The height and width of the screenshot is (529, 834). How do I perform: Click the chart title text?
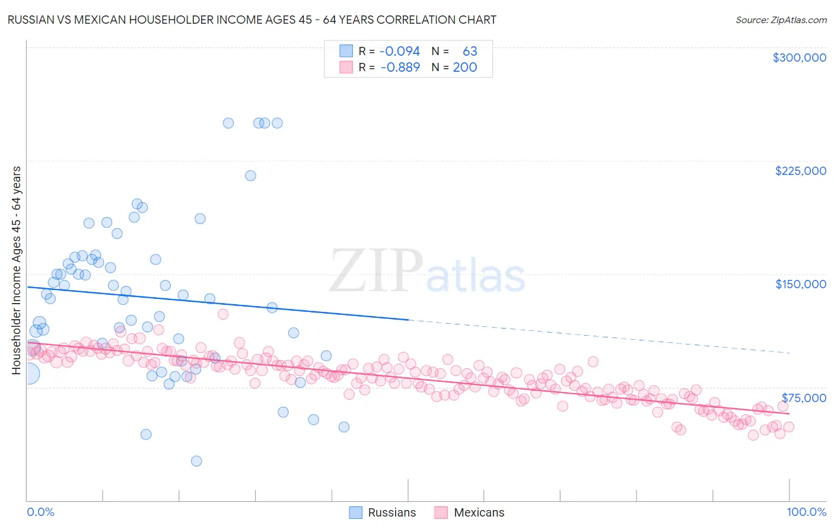(252, 20)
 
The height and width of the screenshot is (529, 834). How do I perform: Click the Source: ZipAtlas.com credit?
(781, 20)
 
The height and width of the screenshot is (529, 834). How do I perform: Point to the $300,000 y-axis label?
(799, 58)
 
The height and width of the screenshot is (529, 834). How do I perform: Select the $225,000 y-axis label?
(800, 171)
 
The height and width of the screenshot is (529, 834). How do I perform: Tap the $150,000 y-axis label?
(800, 284)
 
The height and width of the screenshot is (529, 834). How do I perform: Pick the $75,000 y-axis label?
(803, 398)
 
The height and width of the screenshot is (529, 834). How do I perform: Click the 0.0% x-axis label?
(40, 512)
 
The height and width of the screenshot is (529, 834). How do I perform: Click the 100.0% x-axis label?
(806, 512)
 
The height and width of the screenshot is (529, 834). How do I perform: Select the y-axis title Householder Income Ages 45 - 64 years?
(16, 270)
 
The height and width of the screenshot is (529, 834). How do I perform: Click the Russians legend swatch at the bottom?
(355, 512)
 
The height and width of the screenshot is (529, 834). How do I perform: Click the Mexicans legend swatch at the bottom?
(441, 512)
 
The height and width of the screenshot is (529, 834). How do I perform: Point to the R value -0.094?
(399, 52)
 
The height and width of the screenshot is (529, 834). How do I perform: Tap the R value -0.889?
(400, 68)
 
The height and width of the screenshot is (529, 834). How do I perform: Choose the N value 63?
(470, 52)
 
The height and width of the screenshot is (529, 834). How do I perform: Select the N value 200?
(465, 68)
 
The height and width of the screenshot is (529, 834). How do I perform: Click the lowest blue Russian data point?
(196, 461)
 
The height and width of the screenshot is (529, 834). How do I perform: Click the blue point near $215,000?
(250, 176)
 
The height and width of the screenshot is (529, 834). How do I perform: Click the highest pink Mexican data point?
(223, 314)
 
